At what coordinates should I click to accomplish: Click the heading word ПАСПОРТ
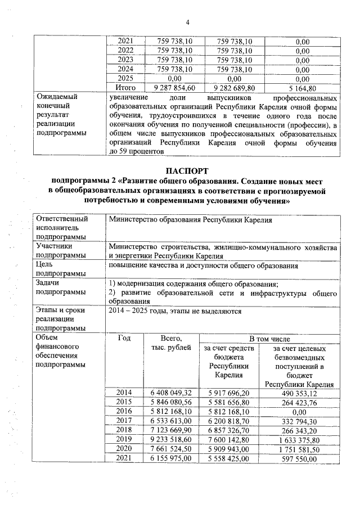(187, 170)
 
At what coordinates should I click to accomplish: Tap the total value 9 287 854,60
(174, 88)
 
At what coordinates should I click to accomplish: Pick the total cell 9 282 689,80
(233, 88)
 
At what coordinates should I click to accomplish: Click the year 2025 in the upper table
(125, 79)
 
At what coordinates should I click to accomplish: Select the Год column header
(125, 339)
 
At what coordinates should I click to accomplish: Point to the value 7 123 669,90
(172, 430)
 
